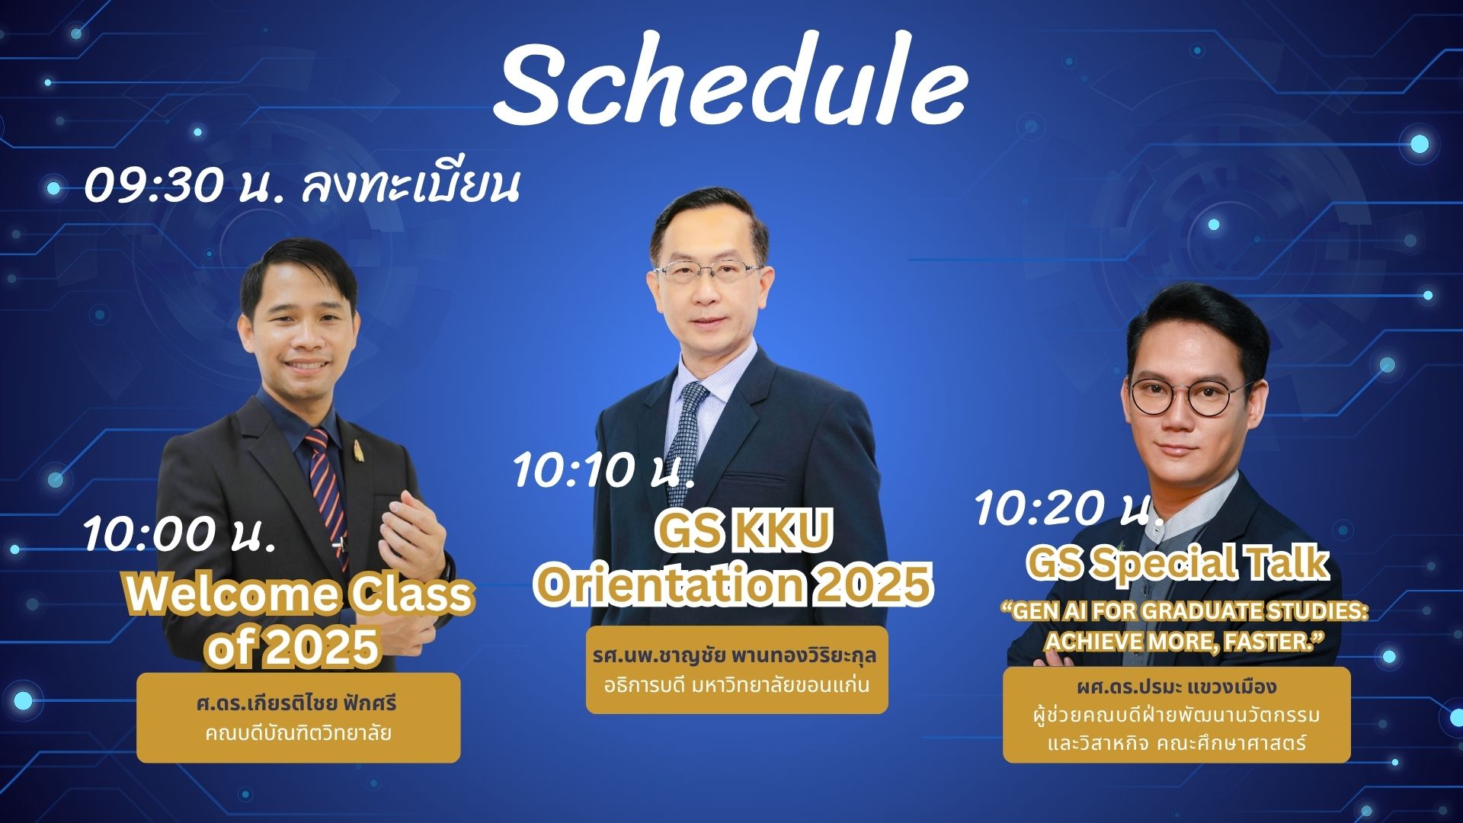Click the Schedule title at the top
[x=730, y=85]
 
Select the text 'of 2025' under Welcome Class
[x=293, y=647]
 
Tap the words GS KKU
[x=744, y=533]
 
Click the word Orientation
[x=667, y=584]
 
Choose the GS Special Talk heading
[x=1177, y=563]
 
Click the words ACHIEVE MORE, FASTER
[x=1181, y=642]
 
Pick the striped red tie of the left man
[x=326, y=488]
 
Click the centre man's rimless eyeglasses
[x=709, y=273]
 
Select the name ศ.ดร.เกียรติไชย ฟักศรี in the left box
[x=297, y=702]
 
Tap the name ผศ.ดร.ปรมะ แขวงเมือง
[x=1176, y=687]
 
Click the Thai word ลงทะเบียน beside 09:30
[x=411, y=186]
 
